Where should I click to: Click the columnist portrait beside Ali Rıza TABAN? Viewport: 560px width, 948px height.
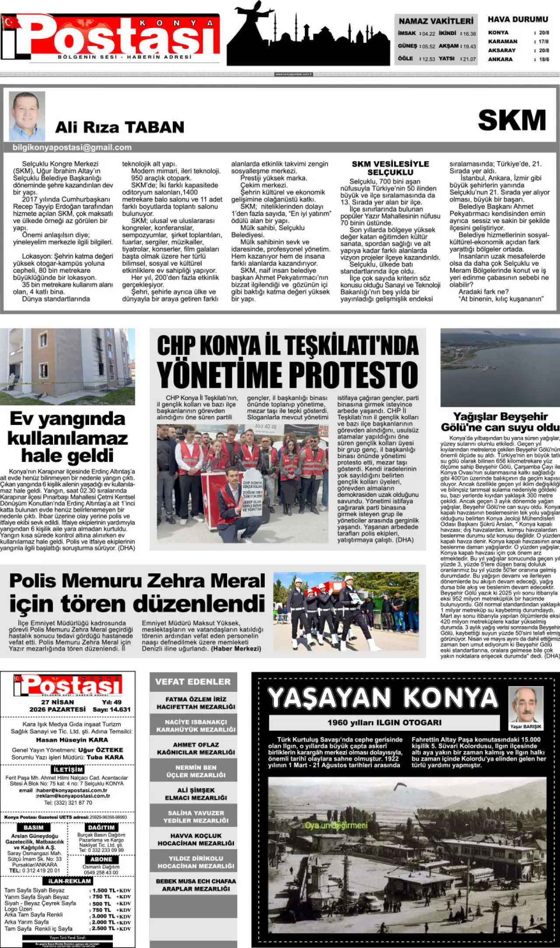[x=27, y=115]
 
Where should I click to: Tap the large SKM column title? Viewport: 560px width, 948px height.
[x=512, y=120]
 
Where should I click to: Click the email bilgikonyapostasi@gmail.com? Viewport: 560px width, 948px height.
[x=72, y=148]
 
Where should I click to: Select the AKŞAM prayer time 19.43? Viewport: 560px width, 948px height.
[x=469, y=46]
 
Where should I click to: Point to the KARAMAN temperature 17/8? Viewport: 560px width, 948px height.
[x=544, y=42]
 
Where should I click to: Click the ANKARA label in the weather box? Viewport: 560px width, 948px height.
[x=500, y=59]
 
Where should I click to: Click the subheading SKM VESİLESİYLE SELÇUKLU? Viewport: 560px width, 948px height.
[x=390, y=168]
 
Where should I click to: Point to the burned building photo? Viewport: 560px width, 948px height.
[x=67, y=367]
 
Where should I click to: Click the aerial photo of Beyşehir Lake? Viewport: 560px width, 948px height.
[x=500, y=368]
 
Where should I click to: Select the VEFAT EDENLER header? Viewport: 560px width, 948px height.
[x=193, y=682]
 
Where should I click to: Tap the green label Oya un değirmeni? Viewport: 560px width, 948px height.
[x=336, y=825]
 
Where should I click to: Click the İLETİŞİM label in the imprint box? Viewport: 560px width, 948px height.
[x=68, y=770]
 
